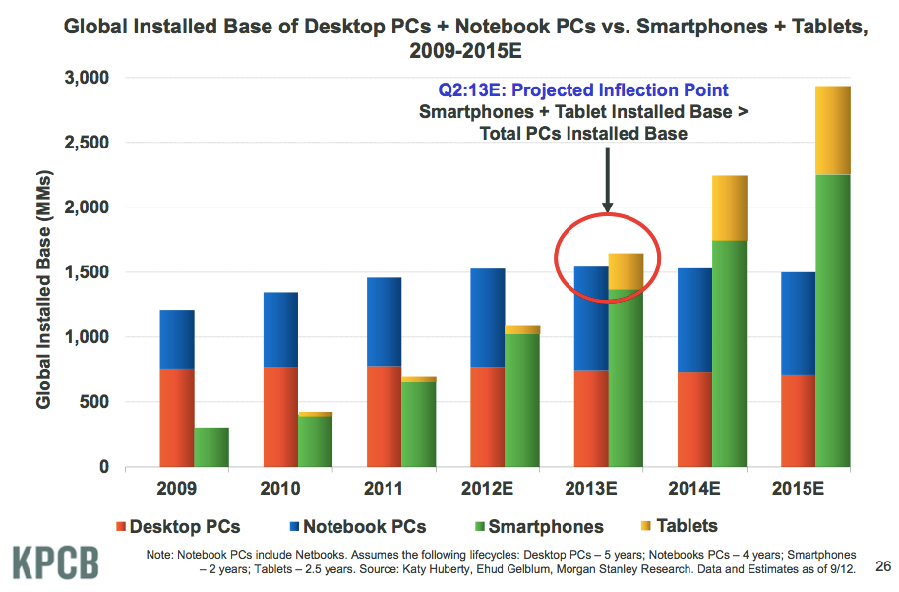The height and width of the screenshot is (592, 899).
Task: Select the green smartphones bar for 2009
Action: point(211,447)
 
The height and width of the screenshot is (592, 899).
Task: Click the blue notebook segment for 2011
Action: point(377,322)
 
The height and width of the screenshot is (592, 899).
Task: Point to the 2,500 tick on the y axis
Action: point(89,143)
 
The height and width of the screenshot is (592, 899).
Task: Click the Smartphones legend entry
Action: point(541,526)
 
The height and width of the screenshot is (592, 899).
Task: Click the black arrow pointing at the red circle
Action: point(607,177)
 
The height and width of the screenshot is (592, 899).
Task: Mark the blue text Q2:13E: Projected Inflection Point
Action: point(583,90)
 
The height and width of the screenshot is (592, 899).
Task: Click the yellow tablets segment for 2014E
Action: point(729,207)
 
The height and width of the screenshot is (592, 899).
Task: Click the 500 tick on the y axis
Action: point(96,402)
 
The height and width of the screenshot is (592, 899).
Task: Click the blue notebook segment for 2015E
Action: point(798,324)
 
